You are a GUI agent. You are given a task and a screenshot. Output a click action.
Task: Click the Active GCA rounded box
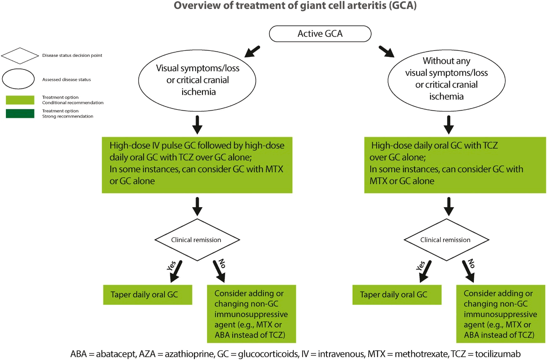click(320, 34)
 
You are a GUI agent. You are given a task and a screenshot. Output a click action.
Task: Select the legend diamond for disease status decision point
click(20, 56)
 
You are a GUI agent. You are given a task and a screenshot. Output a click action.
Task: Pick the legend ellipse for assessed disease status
click(18, 79)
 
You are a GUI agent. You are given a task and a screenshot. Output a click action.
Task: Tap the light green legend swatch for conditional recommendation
click(20, 100)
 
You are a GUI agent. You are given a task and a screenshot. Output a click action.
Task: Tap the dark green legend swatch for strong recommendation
click(20, 114)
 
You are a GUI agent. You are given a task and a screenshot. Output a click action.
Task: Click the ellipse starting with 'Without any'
click(446, 79)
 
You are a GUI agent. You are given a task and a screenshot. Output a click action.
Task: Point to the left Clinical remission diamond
click(196, 240)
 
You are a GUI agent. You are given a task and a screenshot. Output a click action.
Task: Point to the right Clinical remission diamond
click(445, 240)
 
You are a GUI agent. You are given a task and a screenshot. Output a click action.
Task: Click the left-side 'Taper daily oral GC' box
click(148, 294)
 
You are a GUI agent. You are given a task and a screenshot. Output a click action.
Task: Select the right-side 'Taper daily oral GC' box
click(397, 294)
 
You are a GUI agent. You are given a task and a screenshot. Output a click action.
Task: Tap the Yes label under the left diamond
click(171, 266)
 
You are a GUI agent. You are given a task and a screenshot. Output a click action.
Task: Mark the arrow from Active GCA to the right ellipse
click(386, 51)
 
